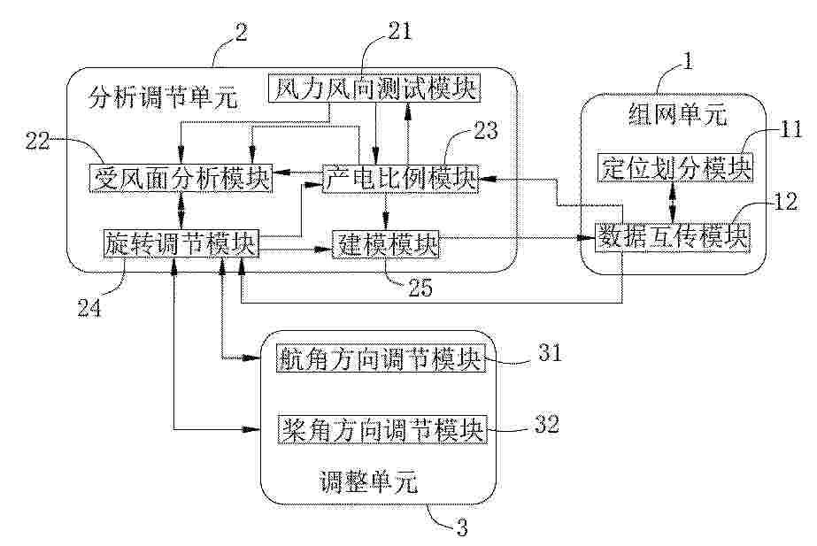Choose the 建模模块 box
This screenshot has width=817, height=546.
pyautogui.click(x=385, y=243)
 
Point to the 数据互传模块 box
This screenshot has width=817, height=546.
pyautogui.click(x=673, y=236)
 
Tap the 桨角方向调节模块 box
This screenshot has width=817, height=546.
pyautogui.click(x=382, y=430)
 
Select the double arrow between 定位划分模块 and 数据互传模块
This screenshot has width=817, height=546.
pyautogui.click(x=674, y=201)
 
